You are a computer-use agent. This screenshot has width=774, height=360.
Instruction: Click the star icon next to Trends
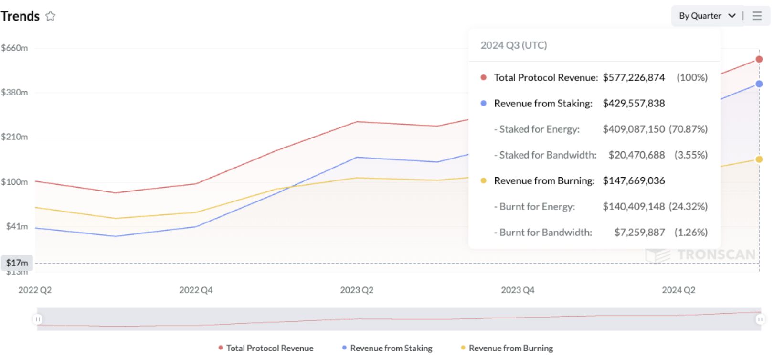50,16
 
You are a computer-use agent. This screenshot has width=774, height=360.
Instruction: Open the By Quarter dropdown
707,16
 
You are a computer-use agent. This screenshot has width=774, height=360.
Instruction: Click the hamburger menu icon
757,16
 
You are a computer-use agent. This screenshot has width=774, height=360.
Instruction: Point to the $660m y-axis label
14,48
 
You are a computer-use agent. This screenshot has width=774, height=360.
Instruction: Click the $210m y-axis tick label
14,137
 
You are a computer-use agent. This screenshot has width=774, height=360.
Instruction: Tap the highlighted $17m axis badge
17,263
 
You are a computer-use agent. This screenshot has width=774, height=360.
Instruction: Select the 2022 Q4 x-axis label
196,290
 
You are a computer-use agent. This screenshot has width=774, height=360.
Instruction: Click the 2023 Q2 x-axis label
357,290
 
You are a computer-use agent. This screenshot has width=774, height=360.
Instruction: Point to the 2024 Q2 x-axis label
679,290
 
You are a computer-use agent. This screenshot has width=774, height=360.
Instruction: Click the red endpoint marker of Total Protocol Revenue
759,59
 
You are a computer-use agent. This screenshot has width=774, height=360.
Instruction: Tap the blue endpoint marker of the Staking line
759,84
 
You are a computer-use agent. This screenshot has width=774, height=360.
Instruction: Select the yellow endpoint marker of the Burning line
759,159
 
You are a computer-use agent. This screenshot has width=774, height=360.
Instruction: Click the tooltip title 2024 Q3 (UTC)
514,45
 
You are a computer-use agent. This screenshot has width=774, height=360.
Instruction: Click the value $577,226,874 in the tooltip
634,77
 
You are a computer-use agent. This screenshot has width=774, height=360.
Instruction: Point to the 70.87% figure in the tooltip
689,129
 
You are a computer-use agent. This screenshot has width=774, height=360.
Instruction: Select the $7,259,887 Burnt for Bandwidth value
639,232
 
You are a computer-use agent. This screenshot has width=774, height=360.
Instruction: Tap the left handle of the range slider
38,319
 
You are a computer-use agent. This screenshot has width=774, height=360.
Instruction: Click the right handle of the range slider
760,319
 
